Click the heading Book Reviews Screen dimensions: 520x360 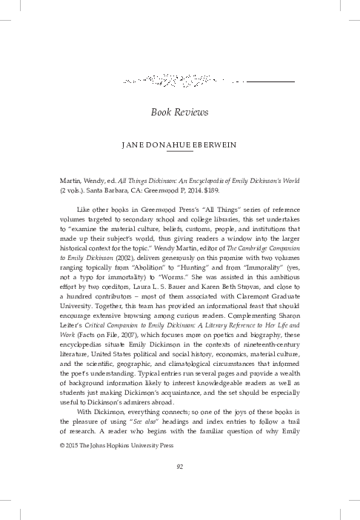[180, 112]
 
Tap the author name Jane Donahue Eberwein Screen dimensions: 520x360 [180, 145]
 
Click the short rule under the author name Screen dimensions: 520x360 [180, 153]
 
